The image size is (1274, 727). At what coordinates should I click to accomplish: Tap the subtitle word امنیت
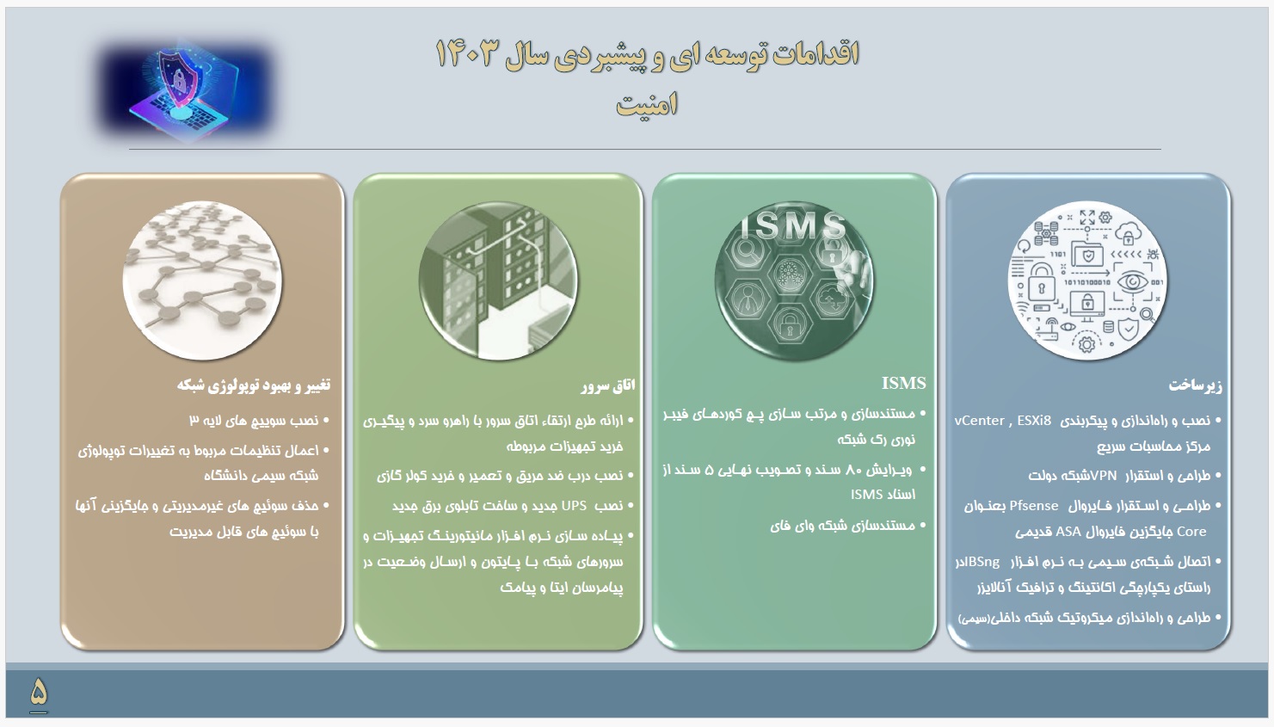point(647,104)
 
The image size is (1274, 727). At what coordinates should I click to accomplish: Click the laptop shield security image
point(185,91)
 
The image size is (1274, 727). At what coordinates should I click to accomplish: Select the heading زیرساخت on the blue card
point(1195,385)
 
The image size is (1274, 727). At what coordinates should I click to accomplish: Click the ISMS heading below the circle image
point(904,383)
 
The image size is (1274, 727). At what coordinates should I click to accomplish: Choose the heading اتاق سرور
point(607,385)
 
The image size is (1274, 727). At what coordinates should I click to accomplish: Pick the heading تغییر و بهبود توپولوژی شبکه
point(253,385)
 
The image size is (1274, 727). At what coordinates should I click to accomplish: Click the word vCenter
point(980,421)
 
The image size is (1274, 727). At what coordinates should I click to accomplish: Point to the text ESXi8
point(1034,421)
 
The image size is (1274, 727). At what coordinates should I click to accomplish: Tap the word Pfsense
point(1034,505)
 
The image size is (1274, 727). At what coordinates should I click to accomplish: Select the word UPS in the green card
point(574,505)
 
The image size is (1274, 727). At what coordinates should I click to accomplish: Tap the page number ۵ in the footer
point(39,691)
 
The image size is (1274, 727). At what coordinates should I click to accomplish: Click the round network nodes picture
point(202,280)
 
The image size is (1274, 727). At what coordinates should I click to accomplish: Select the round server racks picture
point(498,280)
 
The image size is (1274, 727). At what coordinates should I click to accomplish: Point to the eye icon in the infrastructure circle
point(1132,281)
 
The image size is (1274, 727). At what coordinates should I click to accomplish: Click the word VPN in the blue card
point(1104,475)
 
